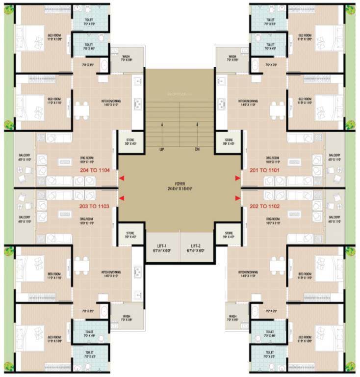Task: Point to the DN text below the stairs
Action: click(x=197, y=148)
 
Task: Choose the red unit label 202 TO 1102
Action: click(x=265, y=206)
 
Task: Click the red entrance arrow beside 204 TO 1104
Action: click(x=122, y=178)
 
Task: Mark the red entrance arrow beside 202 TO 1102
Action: click(x=237, y=198)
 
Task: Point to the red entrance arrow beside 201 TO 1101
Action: click(x=237, y=178)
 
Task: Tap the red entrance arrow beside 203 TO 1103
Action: click(x=122, y=198)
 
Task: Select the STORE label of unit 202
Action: click(x=229, y=235)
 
